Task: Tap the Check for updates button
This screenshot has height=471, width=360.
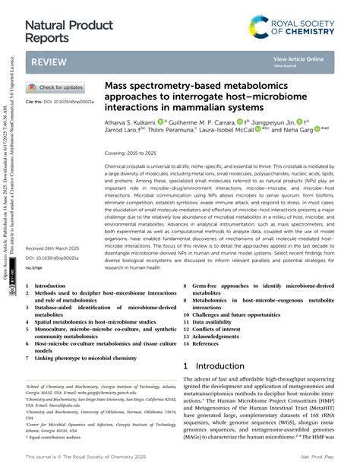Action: click(x=57, y=87)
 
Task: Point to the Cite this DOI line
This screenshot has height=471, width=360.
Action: click(x=60, y=101)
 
